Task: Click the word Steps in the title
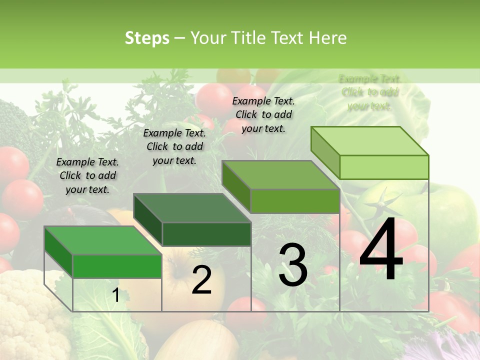tap(147, 38)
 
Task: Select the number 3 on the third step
tap(292, 265)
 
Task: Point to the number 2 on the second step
tap(201, 280)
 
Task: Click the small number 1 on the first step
tap(115, 295)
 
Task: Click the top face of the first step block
tap(102, 240)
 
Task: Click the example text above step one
tap(87, 175)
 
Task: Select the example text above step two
tap(174, 146)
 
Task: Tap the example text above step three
tap(263, 114)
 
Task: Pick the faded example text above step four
tap(369, 92)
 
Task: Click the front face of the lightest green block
tap(384, 167)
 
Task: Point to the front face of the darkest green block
tap(206, 234)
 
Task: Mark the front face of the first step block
tap(117, 266)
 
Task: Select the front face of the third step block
tap(295, 201)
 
